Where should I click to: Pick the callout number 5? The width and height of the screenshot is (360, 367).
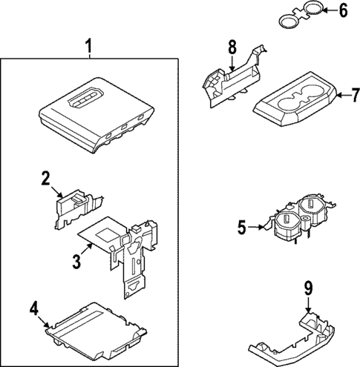tap(241, 227)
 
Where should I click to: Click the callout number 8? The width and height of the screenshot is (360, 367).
tap(232, 48)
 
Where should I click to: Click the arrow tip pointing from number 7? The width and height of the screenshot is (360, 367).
tap(335, 95)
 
